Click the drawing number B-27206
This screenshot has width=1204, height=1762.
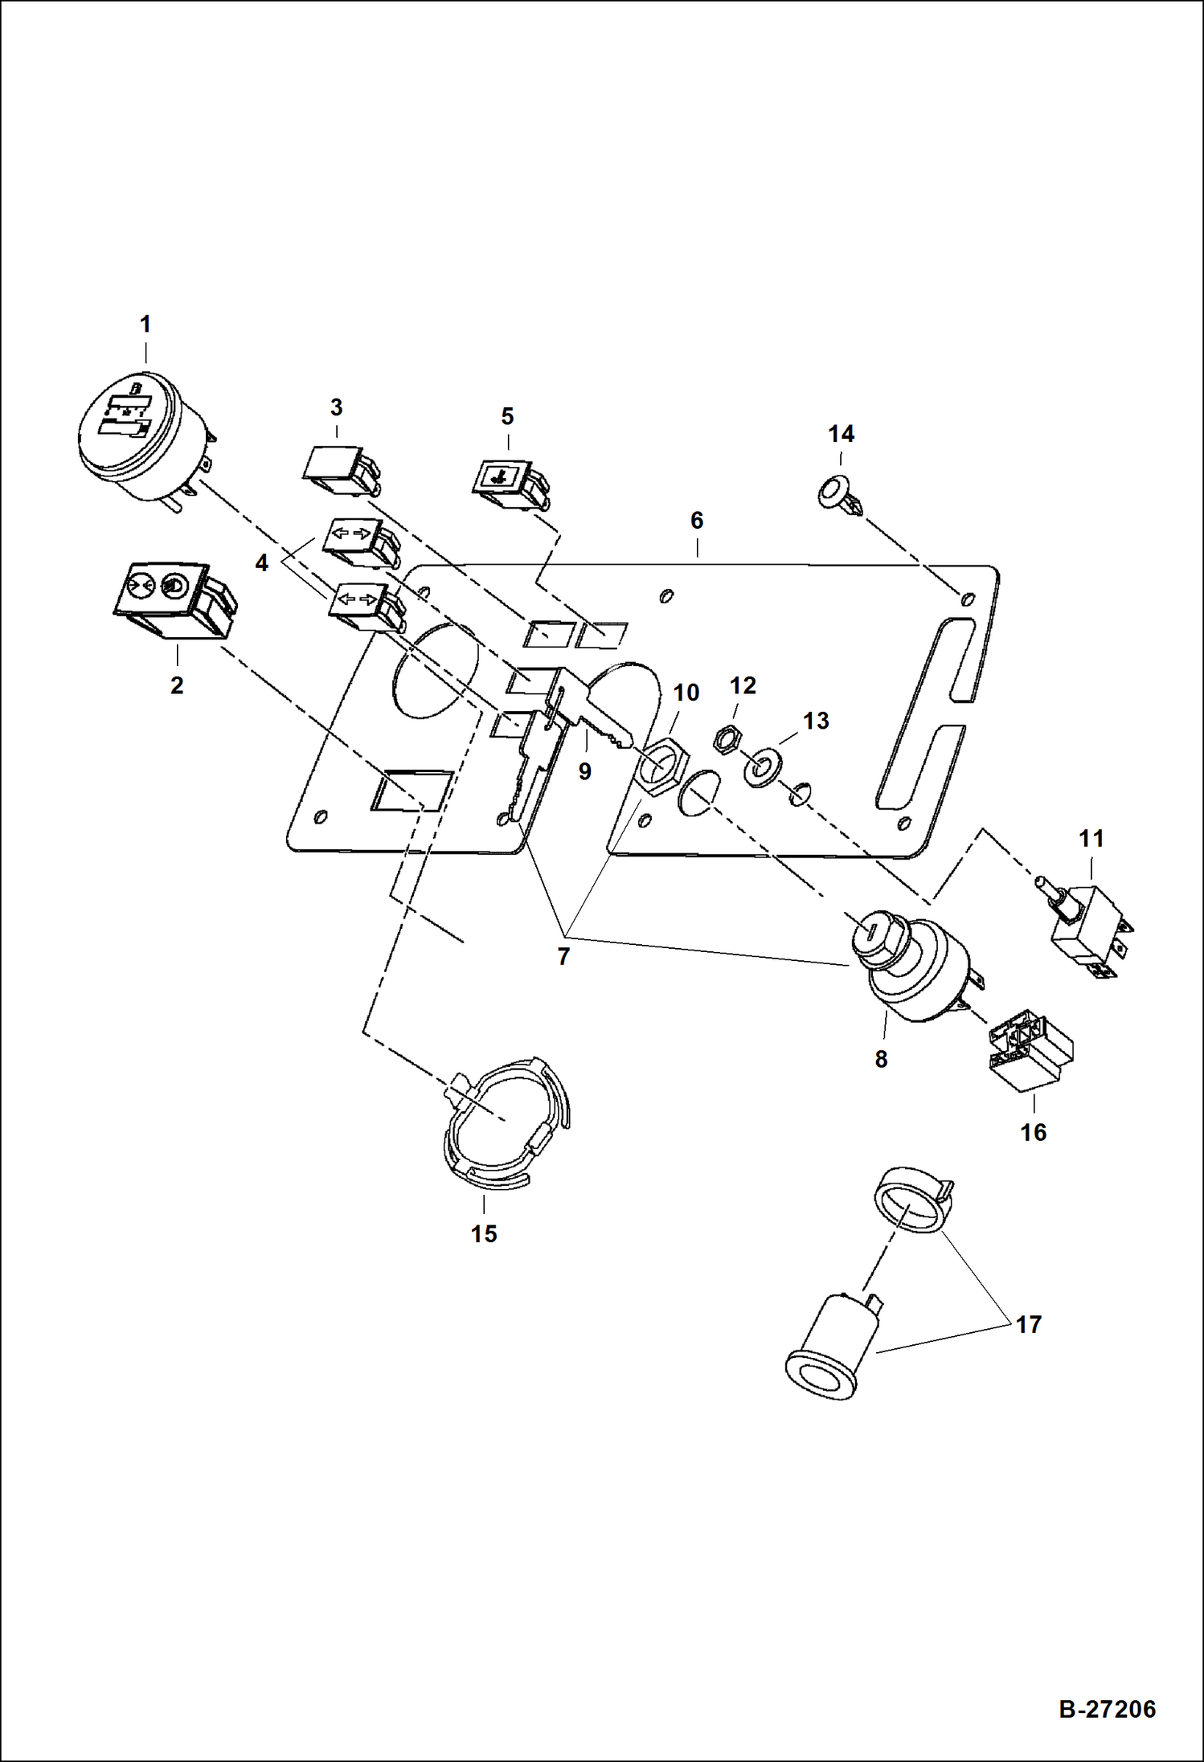click(1107, 1708)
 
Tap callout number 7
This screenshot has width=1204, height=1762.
click(563, 956)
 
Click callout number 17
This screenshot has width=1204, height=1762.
click(1029, 1324)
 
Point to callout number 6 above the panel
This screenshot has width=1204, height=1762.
click(697, 520)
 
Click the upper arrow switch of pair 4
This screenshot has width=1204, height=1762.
click(358, 538)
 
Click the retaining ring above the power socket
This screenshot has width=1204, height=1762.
click(911, 1202)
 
